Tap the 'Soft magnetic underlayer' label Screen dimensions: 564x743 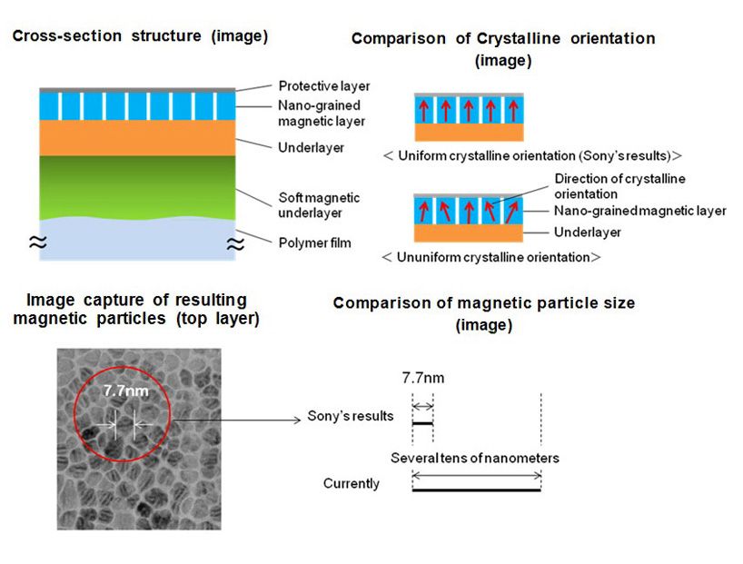point(319,204)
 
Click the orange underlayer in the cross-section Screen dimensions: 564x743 point(136,138)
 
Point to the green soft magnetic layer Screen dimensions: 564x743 point(136,186)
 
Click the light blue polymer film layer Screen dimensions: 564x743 point(136,241)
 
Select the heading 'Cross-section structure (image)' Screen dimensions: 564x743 point(140,36)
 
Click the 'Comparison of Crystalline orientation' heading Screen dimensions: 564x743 point(502,38)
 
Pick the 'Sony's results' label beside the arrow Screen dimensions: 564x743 point(350,417)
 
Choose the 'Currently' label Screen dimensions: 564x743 point(352,483)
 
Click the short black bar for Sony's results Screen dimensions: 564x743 point(423,423)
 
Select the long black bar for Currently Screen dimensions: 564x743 point(476,490)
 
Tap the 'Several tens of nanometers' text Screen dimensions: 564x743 point(474,458)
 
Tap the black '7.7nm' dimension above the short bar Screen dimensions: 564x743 point(423,376)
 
